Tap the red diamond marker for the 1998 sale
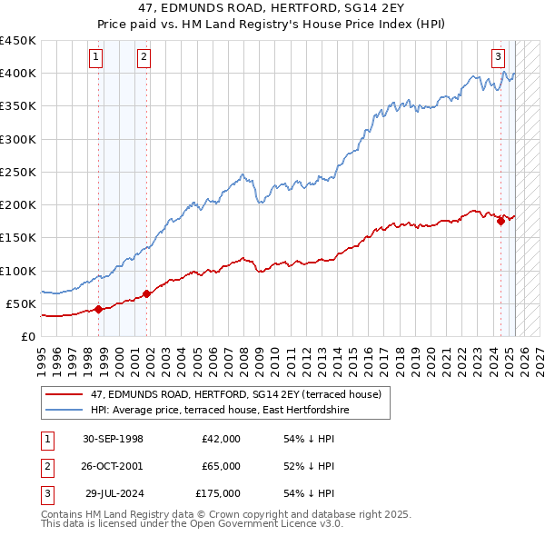tap(98, 309)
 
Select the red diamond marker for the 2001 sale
tap(147, 293)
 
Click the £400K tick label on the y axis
tap(18, 74)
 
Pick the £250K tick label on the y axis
tap(18, 172)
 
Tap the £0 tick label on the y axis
tap(27, 336)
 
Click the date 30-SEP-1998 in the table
tap(113, 439)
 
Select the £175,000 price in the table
tap(218, 493)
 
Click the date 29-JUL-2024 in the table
tap(114, 493)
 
